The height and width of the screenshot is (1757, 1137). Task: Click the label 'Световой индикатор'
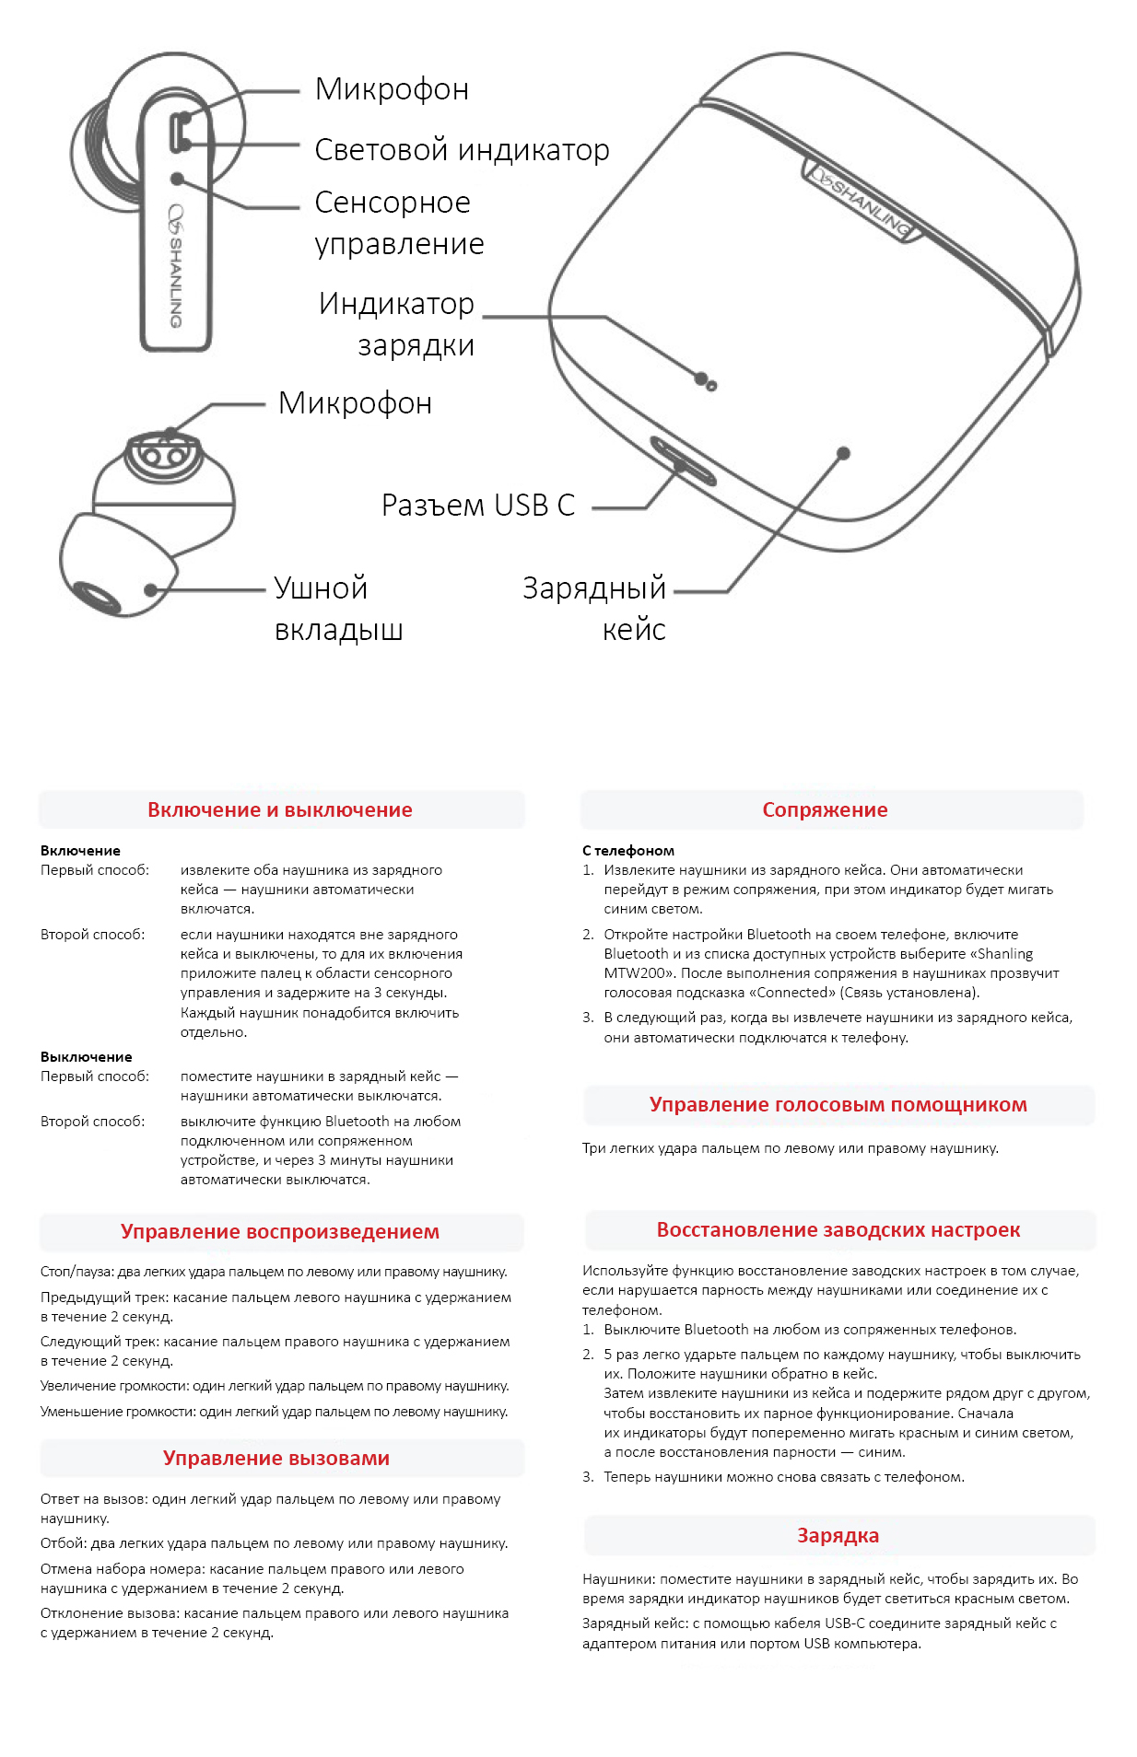point(462,149)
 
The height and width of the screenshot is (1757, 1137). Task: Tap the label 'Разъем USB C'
point(477,506)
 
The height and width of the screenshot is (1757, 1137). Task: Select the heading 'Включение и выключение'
point(280,810)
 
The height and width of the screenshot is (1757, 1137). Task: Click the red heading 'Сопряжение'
point(825,810)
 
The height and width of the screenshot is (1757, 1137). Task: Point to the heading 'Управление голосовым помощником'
point(838,1105)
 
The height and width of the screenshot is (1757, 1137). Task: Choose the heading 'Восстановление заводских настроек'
point(838,1230)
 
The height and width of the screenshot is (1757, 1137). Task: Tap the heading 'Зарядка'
point(838,1536)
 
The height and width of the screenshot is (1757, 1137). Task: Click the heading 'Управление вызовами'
point(276,1459)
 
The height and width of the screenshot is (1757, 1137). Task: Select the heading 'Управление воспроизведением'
point(280,1232)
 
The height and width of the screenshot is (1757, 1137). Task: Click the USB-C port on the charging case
point(683,460)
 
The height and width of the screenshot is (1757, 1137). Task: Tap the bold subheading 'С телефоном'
point(628,851)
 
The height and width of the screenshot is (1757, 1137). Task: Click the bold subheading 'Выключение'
point(87,1057)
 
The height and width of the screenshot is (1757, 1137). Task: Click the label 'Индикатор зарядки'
point(398,324)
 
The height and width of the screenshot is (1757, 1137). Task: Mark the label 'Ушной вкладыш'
point(338,609)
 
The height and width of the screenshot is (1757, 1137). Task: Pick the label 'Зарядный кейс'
point(595,609)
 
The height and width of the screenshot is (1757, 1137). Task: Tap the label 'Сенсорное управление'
point(398,223)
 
